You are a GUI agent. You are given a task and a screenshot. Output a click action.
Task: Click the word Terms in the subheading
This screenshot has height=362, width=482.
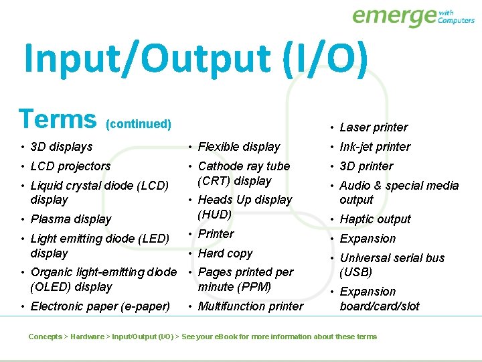(58, 119)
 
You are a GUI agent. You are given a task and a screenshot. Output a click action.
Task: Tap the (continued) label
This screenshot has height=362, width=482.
(139, 124)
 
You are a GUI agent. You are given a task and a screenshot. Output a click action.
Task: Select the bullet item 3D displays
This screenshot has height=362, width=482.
(62, 146)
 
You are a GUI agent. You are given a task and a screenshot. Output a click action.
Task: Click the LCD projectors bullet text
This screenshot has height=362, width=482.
(70, 166)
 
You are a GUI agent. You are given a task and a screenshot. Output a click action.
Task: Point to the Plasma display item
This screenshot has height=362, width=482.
(71, 219)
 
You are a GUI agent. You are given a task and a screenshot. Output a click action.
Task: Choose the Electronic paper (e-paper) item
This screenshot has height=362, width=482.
(100, 306)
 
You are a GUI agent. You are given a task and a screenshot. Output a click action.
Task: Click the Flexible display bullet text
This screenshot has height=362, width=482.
(239, 146)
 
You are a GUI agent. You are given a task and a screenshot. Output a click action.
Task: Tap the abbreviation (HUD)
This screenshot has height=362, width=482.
(215, 215)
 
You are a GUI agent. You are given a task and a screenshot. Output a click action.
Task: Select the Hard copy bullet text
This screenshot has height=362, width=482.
(225, 253)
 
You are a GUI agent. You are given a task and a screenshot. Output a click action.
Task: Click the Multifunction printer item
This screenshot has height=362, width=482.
(250, 306)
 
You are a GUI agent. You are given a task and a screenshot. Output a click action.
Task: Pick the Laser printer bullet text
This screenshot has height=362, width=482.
(374, 127)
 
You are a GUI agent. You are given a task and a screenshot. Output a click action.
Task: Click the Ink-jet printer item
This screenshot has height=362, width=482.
(375, 146)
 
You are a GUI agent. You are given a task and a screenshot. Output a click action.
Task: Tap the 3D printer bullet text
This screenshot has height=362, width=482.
(366, 166)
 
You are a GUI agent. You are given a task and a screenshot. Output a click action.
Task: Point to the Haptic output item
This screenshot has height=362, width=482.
(375, 219)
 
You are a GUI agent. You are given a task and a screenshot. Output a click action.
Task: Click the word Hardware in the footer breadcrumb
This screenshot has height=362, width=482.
(87, 337)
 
